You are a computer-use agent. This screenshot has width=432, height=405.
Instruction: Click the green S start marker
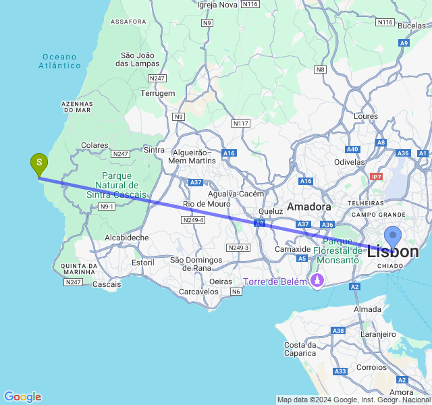point(39,163)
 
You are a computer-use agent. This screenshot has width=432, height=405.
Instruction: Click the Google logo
point(22,397)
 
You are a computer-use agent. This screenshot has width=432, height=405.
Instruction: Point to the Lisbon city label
point(393,252)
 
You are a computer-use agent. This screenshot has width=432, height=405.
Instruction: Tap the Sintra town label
point(155,150)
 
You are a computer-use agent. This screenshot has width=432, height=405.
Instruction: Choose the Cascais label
point(107,284)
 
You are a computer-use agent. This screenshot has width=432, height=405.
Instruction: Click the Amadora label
point(309,206)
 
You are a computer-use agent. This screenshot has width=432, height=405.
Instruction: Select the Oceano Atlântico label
point(60,61)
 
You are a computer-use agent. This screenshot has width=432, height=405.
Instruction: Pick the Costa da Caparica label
point(300,349)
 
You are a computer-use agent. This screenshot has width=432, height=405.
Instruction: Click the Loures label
point(365,116)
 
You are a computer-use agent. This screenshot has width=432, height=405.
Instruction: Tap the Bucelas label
point(412,26)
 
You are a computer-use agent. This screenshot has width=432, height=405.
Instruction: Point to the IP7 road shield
point(376,176)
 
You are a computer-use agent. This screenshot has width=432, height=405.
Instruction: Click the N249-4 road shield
point(193,220)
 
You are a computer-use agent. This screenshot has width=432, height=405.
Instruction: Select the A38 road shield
point(339,331)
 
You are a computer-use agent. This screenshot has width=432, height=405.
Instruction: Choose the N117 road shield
point(240,124)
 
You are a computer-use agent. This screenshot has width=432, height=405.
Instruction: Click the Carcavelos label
point(198,292)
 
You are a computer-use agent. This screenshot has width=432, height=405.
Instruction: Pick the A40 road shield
point(352,149)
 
